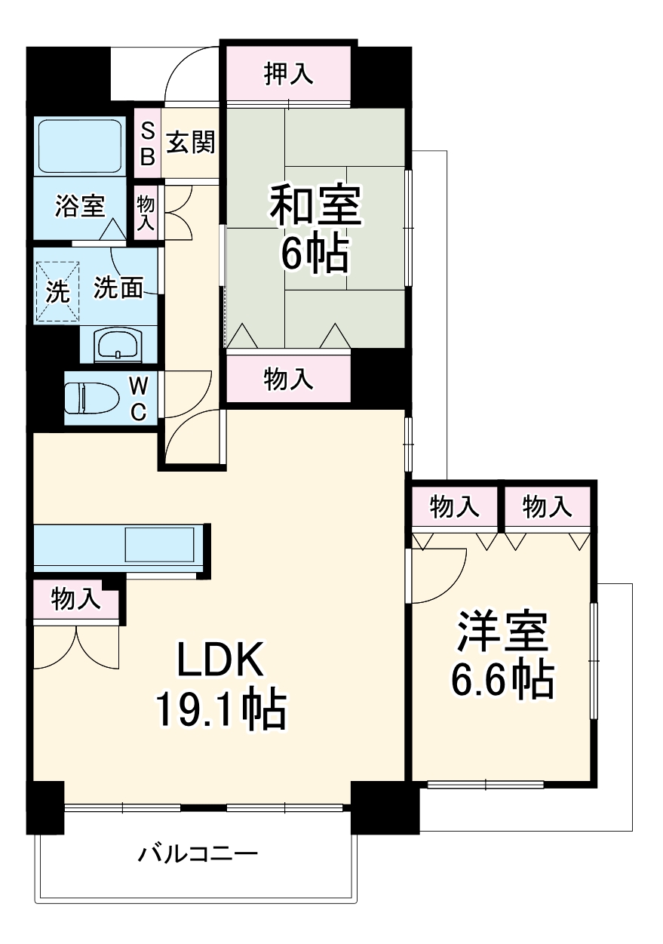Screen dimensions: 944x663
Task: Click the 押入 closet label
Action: (x=287, y=75)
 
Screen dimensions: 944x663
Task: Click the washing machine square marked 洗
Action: (x=57, y=291)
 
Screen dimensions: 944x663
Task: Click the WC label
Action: (x=139, y=398)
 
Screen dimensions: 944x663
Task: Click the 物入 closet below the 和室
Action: (x=288, y=379)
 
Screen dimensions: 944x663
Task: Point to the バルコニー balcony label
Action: (x=198, y=854)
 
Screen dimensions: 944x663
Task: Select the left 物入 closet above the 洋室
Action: (x=454, y=508)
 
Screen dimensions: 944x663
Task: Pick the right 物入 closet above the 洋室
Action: (x=547, y=508)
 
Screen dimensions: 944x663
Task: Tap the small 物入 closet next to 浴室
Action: (x=146, y=213)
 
